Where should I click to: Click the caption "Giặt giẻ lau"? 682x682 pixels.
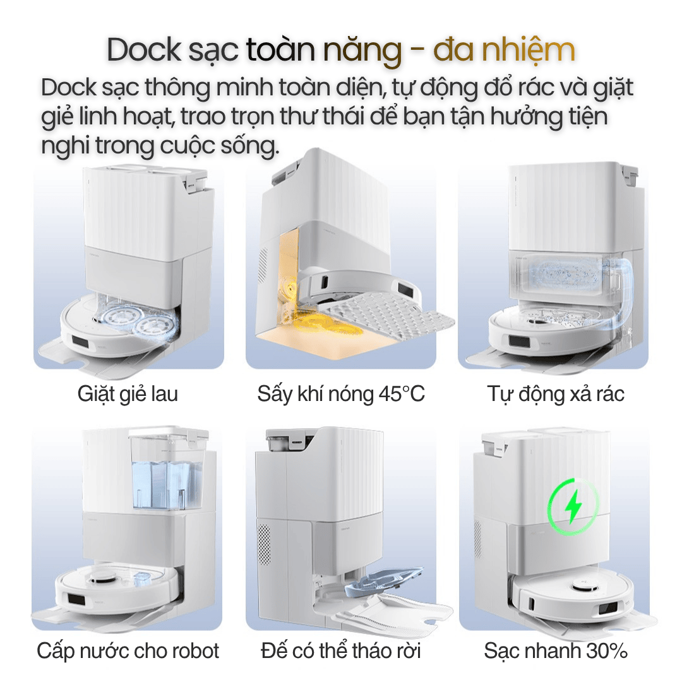click(x=128, y=394)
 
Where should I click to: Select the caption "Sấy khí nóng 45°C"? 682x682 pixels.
click(x=341, y=394)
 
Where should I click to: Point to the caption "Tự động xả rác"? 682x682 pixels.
click(x=556, y=394)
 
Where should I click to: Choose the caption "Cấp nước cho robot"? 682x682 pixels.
click(x=128, y=650)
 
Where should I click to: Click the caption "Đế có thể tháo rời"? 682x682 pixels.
click(x=341, y=650)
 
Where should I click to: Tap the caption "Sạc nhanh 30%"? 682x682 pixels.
click(x=556, y=650)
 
